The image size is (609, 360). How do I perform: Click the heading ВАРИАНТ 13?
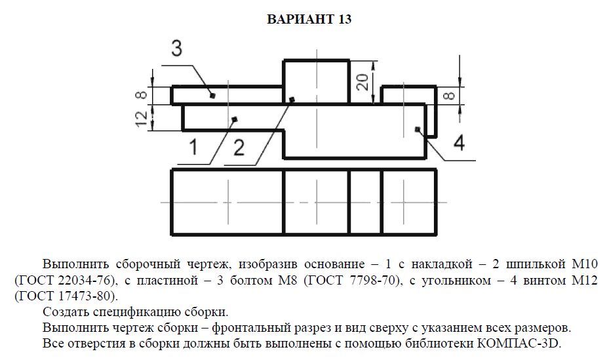[309, 20]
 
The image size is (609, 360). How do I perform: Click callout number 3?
[177, 49]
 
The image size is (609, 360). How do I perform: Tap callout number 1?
[193, 147]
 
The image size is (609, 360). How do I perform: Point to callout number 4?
[460, 142]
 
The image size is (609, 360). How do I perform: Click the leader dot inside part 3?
[212, 96]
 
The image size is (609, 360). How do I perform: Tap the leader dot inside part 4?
[418, 130]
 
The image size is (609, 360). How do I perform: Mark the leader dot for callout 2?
[292, 100]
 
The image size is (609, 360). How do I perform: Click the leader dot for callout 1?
[234, 119]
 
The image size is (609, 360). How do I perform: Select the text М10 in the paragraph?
[583, 265]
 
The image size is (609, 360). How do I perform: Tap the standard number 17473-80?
[90, 296]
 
